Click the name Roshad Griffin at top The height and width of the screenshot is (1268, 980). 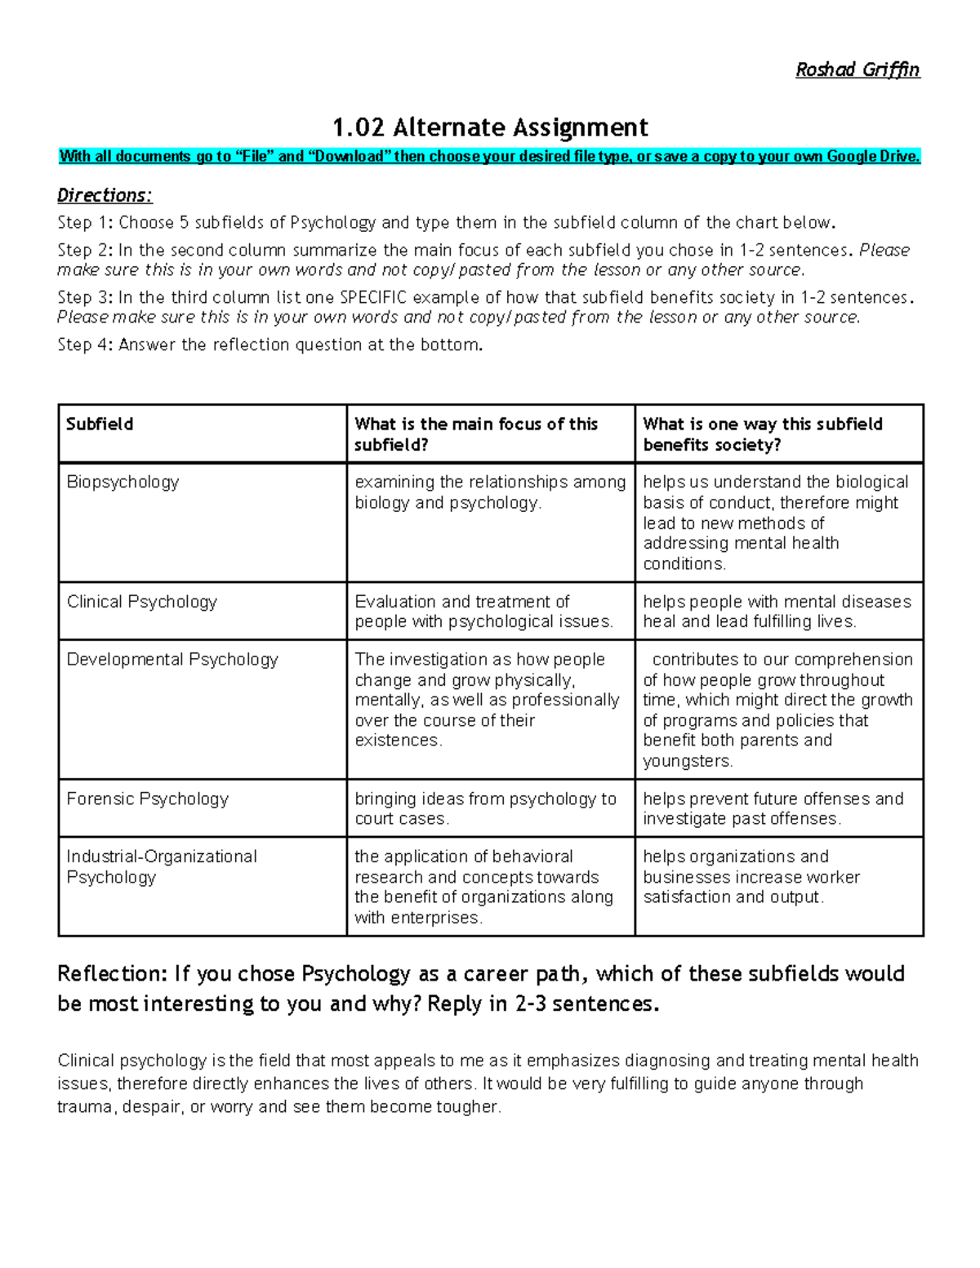coord(857,70)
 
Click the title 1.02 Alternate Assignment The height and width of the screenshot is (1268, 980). coord(490,127)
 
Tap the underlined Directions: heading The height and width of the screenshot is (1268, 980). coord(105,195)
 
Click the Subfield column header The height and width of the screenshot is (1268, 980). coord(100,424)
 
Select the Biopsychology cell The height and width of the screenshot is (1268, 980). coord(122,482)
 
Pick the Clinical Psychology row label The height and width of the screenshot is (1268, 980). coord(141,602)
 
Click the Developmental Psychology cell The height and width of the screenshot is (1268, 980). coord(172,659)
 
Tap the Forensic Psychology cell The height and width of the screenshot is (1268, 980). coord(147,799)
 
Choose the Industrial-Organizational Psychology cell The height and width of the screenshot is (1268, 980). coord(161,866)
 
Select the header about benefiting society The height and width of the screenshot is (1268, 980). coord(762,434)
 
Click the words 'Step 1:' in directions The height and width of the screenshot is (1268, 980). coord(85,223)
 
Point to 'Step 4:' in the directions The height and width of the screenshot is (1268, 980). coord(85,345)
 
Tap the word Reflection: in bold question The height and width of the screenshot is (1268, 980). coord(111,973)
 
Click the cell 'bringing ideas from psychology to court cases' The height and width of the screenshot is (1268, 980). coord(485,808)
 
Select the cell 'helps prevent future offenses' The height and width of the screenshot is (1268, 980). coord(773,808)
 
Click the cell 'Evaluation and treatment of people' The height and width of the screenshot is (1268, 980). coord(483,612)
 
